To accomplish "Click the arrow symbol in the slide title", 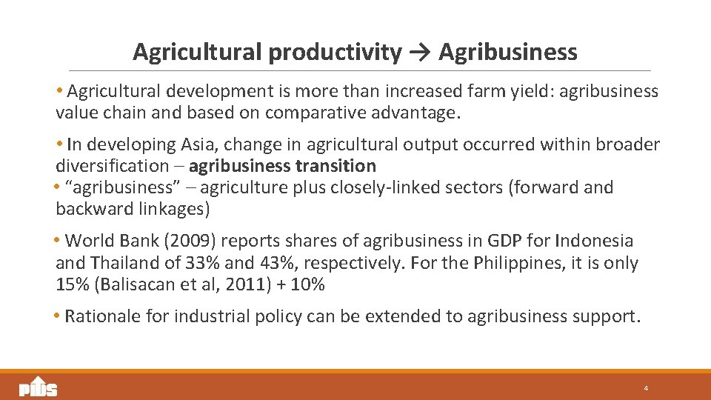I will (418, 52).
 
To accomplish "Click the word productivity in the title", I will (335, 53).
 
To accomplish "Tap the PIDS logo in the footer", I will (38, 387).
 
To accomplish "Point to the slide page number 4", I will (646, 388).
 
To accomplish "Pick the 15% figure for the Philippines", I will (70, 285).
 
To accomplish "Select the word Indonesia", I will (596, 241).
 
